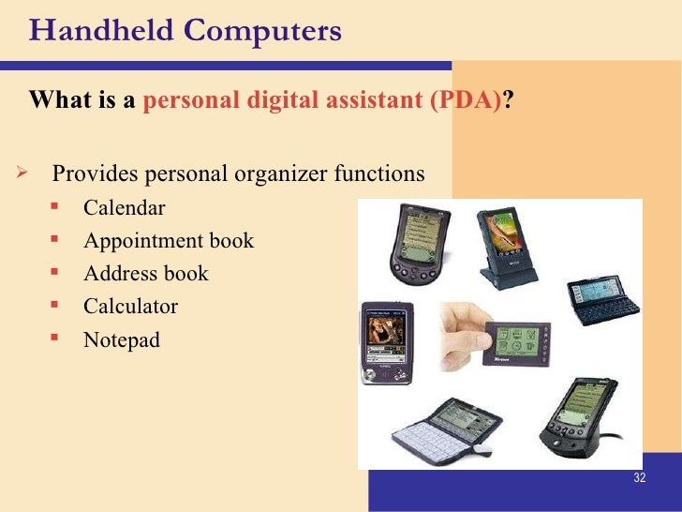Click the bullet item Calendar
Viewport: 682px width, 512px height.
[x=124, y=207]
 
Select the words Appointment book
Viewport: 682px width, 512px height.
[x=169, y=241]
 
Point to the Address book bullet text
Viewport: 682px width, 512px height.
[x=145, y=274]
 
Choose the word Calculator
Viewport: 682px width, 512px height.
[x=130, y=306]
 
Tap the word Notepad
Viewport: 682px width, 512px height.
[x=122, y=339]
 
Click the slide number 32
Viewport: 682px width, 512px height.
[x=640, y=478]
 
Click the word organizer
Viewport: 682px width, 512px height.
[x=309, y=174]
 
